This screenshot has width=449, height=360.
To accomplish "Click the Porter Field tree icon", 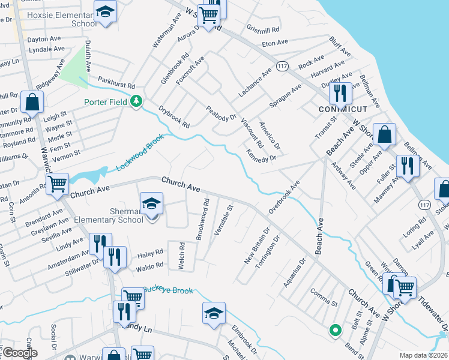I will click(137, 101).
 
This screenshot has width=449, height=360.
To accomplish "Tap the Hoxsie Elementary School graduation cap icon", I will click(105, 13).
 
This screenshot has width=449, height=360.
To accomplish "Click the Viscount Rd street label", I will click(252, 133).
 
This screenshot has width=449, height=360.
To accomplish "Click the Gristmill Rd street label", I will click(263, 29).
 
